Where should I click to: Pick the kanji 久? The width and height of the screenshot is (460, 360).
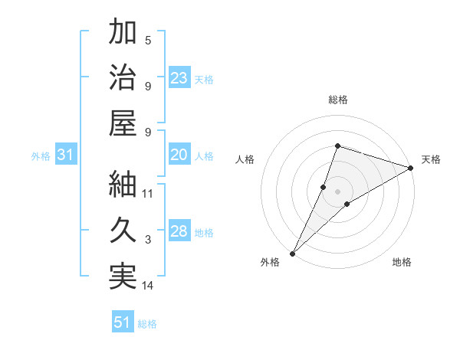(123, 231)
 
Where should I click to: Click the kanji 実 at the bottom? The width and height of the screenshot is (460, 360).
(123, 277)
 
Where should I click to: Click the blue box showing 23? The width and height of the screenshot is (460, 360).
(179, 77)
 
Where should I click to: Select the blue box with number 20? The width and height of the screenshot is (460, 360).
(179, 155)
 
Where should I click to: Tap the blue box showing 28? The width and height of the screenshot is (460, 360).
(179, 231)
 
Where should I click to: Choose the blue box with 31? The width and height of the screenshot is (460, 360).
(66, 155)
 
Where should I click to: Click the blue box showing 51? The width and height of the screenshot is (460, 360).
(123, 322)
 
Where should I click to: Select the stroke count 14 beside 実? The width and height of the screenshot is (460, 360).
(148, 286)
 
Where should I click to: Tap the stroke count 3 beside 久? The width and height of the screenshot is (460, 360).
(148, 240)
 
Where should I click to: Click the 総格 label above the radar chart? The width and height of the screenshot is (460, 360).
(338, 100)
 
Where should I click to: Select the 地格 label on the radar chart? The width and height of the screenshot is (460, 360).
(402, 262)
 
